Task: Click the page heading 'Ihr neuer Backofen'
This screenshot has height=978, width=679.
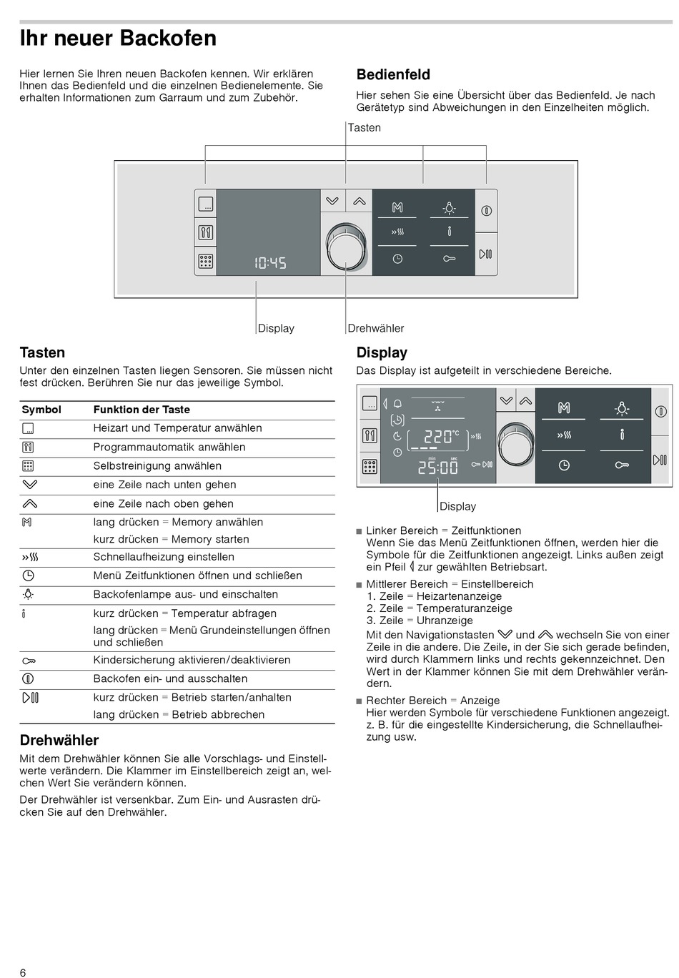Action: click(118, 38)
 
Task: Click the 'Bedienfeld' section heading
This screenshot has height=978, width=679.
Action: click(393, 74)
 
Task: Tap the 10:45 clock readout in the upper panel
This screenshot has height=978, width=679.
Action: click(270, 263)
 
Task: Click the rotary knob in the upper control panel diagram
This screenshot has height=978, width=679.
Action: click(346, 247)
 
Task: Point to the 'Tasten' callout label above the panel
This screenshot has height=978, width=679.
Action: click(365, 127)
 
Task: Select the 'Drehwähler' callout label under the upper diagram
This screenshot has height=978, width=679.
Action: click(376, 328)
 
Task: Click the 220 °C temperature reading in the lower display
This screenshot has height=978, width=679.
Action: click(438, 436)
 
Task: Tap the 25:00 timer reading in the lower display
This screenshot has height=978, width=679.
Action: click(437, 468)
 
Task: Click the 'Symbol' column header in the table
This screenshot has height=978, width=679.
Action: click(41, 410)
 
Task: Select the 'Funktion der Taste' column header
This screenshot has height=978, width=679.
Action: click(142, 410)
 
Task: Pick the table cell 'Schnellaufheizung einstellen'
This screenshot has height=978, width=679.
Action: click(164, 557)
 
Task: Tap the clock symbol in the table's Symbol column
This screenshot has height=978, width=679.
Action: click(29, 576)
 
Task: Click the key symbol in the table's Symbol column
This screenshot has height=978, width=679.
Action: click(29, 661)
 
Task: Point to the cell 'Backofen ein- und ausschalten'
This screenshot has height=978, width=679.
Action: click(170, 678)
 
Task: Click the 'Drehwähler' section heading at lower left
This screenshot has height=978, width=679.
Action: click(59, 740)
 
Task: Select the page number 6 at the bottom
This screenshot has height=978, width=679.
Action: click(23, 972)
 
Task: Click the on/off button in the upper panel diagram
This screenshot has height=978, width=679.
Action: click(486, 210)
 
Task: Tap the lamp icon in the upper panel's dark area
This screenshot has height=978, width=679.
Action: click(449, 208)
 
